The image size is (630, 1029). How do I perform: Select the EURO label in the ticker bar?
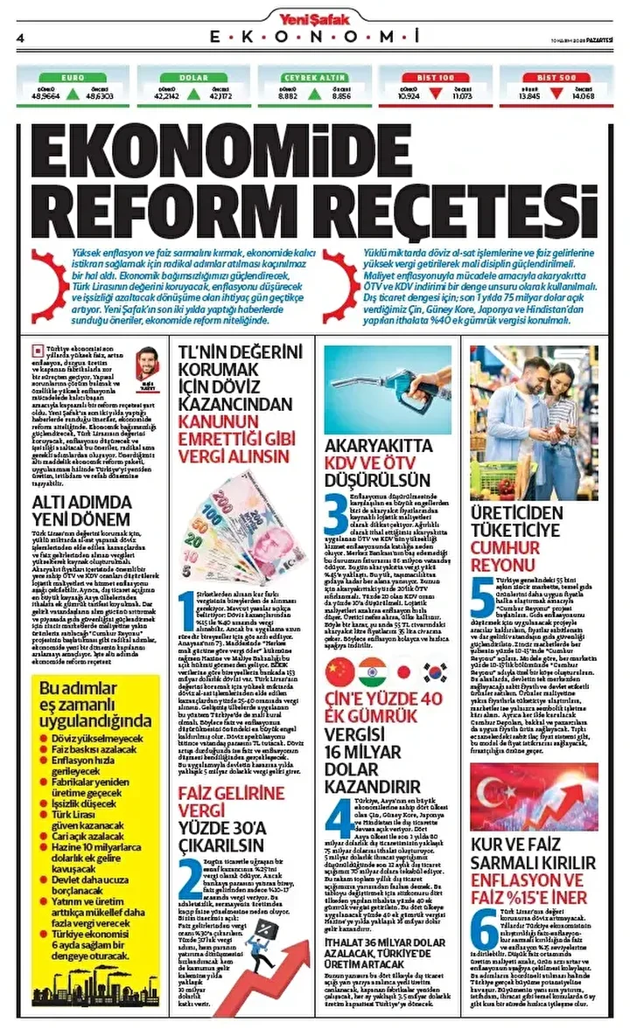pyautogui.click(x=73, y=78)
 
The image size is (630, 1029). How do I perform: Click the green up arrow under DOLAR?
pyautogui.click(x=194, y=93)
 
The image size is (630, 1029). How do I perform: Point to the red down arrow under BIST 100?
pyautogui.click(x=436, y=93)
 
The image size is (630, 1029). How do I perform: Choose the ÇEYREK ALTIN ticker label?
pyautogui.click(x=315, y=78)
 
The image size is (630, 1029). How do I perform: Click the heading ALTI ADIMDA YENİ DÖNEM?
pyautogui.click(x=83, y=511)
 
